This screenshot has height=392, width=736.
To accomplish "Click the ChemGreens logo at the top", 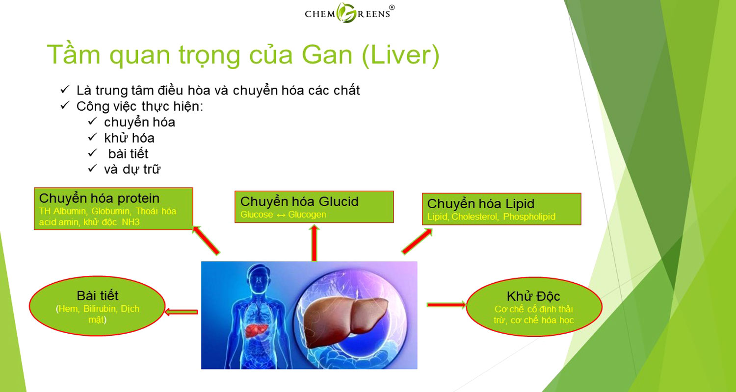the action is (x=349, y=13).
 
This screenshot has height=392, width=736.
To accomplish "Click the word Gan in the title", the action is (x=327, y=55).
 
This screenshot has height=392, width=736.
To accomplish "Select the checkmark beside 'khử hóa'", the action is (x=92, y=137).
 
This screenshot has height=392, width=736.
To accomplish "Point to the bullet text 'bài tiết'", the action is (x=128, y=153).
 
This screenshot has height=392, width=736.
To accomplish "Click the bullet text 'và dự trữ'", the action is (x=132, y=170).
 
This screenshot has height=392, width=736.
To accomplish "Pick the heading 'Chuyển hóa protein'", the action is (x=99, y=198).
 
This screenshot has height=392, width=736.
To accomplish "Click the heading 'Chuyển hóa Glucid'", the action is (x=299, y=201).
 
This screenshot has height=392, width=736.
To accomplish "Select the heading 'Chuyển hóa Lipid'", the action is (x=481, y=204).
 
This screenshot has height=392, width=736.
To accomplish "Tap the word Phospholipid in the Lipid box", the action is (x=529, y=217).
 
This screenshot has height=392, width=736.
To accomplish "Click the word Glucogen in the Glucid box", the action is (x=307, y=215).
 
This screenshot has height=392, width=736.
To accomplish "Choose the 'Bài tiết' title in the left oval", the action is (x=98, y=295).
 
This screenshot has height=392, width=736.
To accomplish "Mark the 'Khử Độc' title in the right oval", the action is (x=533, y=296).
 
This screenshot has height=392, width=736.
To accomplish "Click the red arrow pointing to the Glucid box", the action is (x=314, y=243).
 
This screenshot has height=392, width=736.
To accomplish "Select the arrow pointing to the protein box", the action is (x=206, y=240).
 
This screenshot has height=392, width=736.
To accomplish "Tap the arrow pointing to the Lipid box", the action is (x=417, y=242).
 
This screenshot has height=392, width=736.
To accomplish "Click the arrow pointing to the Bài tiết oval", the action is (x=181, y=312).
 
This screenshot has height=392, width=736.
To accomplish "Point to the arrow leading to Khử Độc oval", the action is (x=446, y=305).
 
